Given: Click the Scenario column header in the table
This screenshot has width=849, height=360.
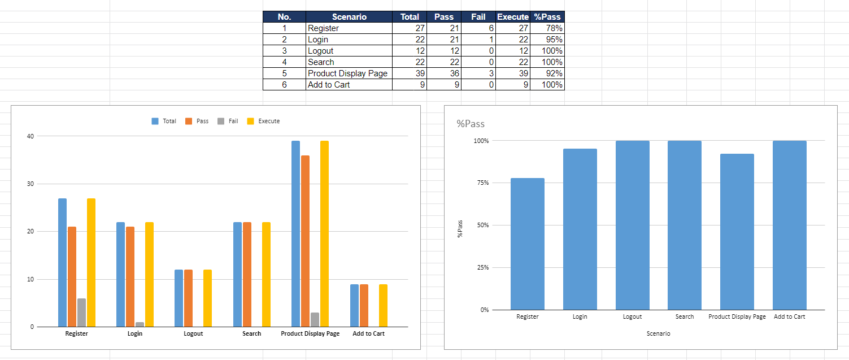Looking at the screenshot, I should click(x=349, y=17).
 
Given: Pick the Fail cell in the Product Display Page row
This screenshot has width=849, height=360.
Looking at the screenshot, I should click(x=478, y=73).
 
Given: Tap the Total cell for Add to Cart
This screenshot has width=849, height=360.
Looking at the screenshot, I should click(x=410, y=85).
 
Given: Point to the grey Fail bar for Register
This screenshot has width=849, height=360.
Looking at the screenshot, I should click(x=82, y=313).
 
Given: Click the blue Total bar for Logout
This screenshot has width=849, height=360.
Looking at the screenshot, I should click(x=178, y=298).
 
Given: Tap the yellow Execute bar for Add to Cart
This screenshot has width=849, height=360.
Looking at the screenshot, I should click(x=383, y=306).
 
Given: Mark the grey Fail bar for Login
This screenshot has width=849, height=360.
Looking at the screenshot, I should click(x=140, y=324).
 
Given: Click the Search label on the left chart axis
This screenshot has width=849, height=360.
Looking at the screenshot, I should click(x=251, y=333).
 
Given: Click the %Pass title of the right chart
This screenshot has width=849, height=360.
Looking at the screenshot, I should click(x=471, y=124).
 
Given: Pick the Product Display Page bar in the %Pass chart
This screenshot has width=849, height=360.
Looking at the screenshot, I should click(x=737, y=232).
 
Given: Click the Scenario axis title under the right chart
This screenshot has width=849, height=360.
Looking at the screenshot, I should click(x=658, y=333).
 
